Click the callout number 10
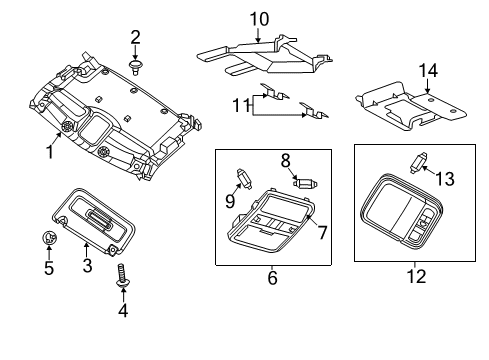click(259, 19)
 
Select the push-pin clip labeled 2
click(135, 68)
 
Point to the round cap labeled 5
click(50, 238)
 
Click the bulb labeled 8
click(305, 183)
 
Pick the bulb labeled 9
click(244, 178)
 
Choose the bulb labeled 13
click(418, 162)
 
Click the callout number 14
click(428, 71)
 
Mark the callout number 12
click(416, 277)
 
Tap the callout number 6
click(272, 278)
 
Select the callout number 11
click(240, 105)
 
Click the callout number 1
click(50, 152)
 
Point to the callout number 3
click(87, 266)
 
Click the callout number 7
click(322, 232)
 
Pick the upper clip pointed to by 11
click(274, 92)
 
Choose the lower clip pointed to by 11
click(314, 111)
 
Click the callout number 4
click(123, 311)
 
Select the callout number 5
click(49, 268)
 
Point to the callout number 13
click(445, 179)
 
